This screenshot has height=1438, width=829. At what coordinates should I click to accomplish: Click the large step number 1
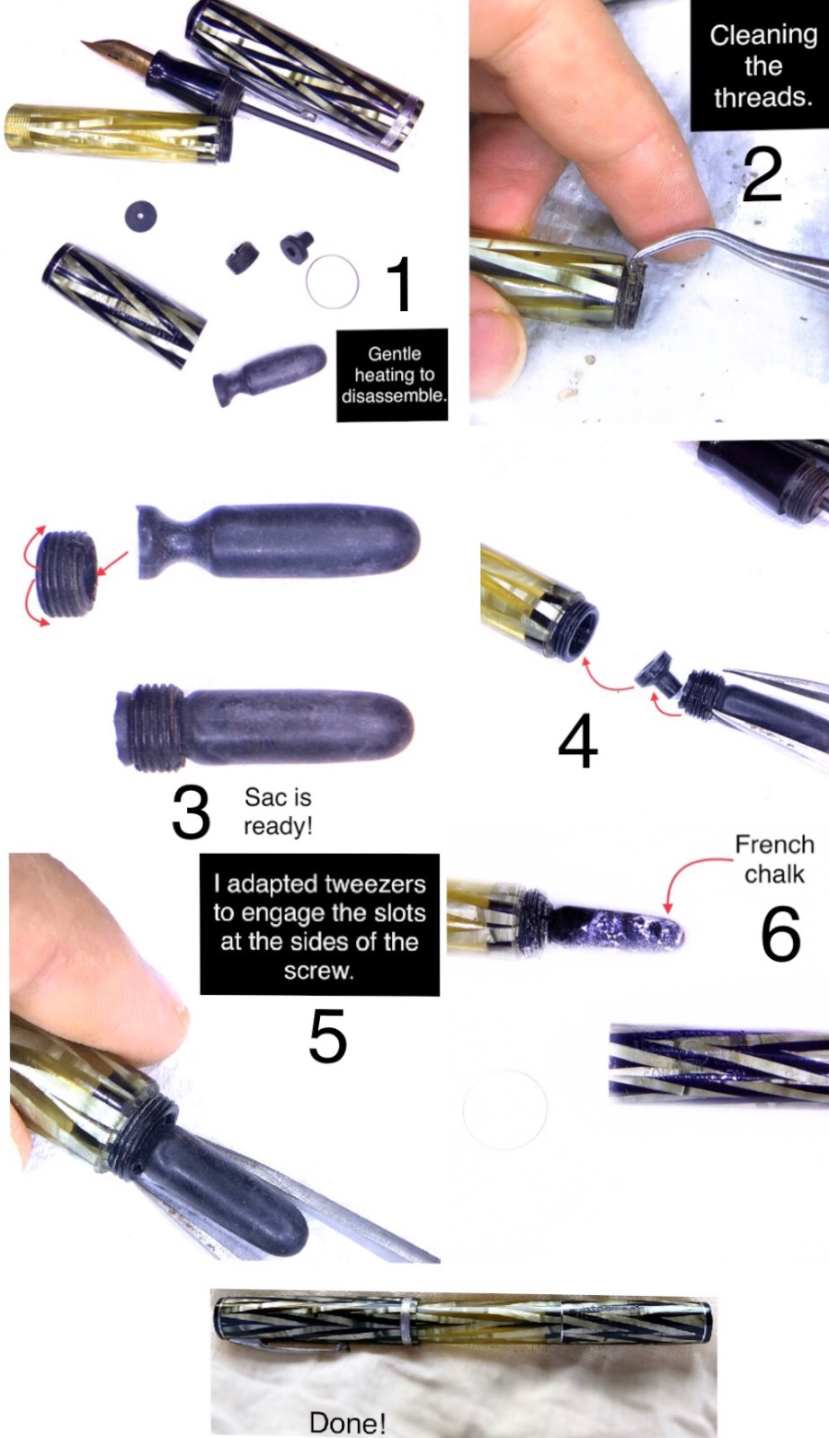coord(400,283)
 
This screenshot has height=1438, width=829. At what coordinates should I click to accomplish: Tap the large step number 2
coord(762,174)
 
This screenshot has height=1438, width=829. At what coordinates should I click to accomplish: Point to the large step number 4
coord(578,741)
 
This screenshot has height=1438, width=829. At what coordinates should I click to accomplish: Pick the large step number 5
coord(327,1034)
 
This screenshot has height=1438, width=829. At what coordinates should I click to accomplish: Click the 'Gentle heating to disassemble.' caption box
coord(392,375)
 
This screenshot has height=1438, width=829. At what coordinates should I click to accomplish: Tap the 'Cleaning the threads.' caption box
coord(762,66)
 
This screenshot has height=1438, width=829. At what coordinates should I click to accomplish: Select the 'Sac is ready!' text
coord(278,811)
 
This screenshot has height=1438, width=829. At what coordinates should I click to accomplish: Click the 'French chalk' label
coord(774,859)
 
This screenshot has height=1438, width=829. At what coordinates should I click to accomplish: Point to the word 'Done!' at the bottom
coord(347,1423)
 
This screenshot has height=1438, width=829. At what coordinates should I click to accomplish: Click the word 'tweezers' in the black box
coord(376,884)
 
